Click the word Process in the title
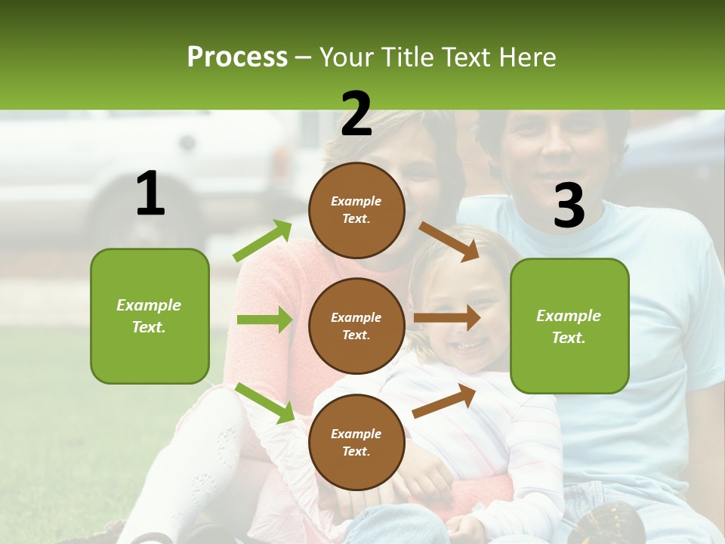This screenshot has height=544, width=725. (x=237, y=57)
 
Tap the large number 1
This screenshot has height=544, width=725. (x=150, y=194)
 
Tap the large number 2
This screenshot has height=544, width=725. (x=356, y=114)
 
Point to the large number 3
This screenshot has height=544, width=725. (x=569, y=206)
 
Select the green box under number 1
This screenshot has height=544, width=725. (x=150, y=316)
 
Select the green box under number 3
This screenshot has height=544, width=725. (x=569, y=326)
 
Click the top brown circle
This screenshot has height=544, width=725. (x=356, y=210)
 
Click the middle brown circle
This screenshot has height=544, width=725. (x=356, y=326)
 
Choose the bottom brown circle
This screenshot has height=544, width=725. (x=356, y=442)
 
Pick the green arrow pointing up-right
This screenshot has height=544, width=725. (x=263, y=240)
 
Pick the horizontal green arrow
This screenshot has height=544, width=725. (x=264, y=320)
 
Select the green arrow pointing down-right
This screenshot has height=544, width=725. (x=264, y=403)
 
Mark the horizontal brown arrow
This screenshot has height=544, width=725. (x=447, y=317)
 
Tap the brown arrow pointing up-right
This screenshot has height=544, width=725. (x=444, y=401)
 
